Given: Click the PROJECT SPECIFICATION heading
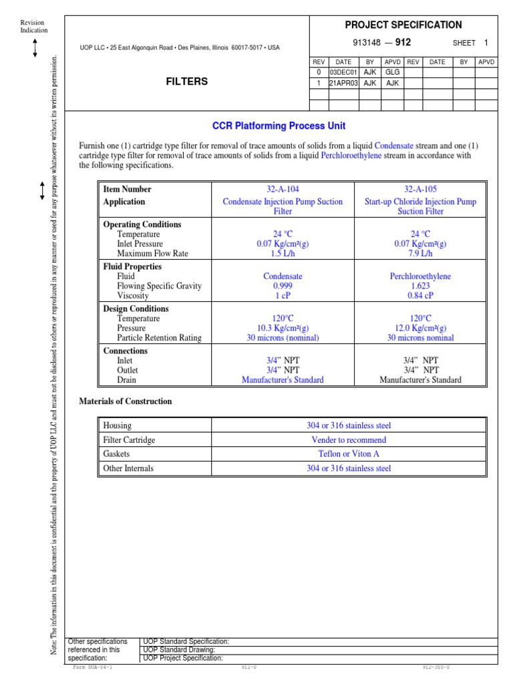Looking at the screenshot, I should (x=403, y=25).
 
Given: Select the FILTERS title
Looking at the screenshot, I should (x=186, y=81).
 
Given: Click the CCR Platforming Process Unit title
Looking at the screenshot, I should (x=279, y=126).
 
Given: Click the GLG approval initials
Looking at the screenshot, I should (x=392, y=72).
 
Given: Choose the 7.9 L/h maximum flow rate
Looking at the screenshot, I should (x=420, y=254).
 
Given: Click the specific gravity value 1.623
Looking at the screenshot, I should (x=420, y=286).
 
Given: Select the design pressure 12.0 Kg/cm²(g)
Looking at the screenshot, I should (x=420, y=328).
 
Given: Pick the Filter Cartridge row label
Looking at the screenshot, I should (x=129, y=440).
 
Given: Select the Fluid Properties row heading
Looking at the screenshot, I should (x=132, y=267).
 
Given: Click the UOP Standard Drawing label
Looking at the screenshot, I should (x=179, y=649).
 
